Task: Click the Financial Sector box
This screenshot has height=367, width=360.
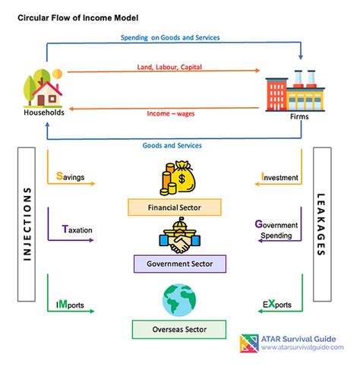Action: click(175, 207)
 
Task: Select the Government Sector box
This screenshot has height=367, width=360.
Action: click(180, 264)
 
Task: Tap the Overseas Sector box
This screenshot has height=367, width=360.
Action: click(179, 329)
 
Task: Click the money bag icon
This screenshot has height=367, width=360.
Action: click(178, 178)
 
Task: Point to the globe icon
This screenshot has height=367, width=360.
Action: click(179, 300)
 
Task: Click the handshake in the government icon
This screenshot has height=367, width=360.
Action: click(180, 245)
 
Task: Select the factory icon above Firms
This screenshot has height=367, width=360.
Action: click(295, 90)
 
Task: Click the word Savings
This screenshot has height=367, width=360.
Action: click(70, 176)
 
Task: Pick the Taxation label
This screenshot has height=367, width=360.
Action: click(77, 229)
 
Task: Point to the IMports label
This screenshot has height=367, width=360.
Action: click(70, 305)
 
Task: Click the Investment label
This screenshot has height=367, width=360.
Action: click(279, 177)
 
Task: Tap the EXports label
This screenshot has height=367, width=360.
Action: click(277, 304)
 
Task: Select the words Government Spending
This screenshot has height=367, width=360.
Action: click(276, 229)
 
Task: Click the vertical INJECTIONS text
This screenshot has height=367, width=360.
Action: click(27, 224)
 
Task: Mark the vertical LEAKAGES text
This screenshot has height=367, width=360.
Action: click(321, 225)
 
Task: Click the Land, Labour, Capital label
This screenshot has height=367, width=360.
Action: click(169, 67)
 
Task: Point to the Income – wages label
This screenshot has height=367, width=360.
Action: click(171, 113)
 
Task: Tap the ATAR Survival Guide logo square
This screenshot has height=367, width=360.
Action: click(249, 343)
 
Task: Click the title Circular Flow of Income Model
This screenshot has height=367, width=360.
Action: click(78, 18)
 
